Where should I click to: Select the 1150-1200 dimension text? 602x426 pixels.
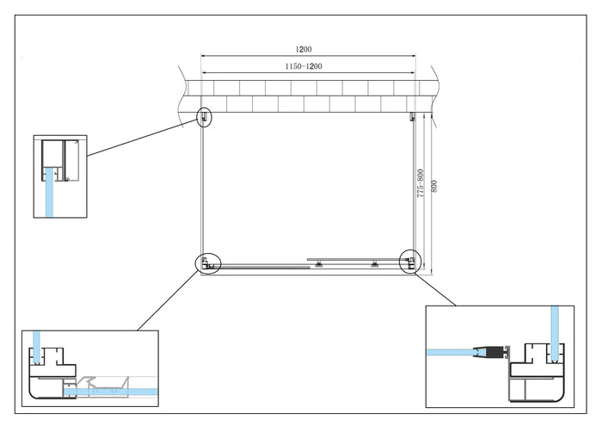pos(306,66)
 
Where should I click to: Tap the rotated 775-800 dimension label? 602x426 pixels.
pos(421,184)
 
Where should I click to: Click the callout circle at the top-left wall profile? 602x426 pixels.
pos(205,117)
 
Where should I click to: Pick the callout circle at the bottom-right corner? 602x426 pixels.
pos(410,261)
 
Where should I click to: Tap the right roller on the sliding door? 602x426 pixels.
pos(373,263)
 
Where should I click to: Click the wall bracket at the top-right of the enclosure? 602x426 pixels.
pos(413,117)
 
